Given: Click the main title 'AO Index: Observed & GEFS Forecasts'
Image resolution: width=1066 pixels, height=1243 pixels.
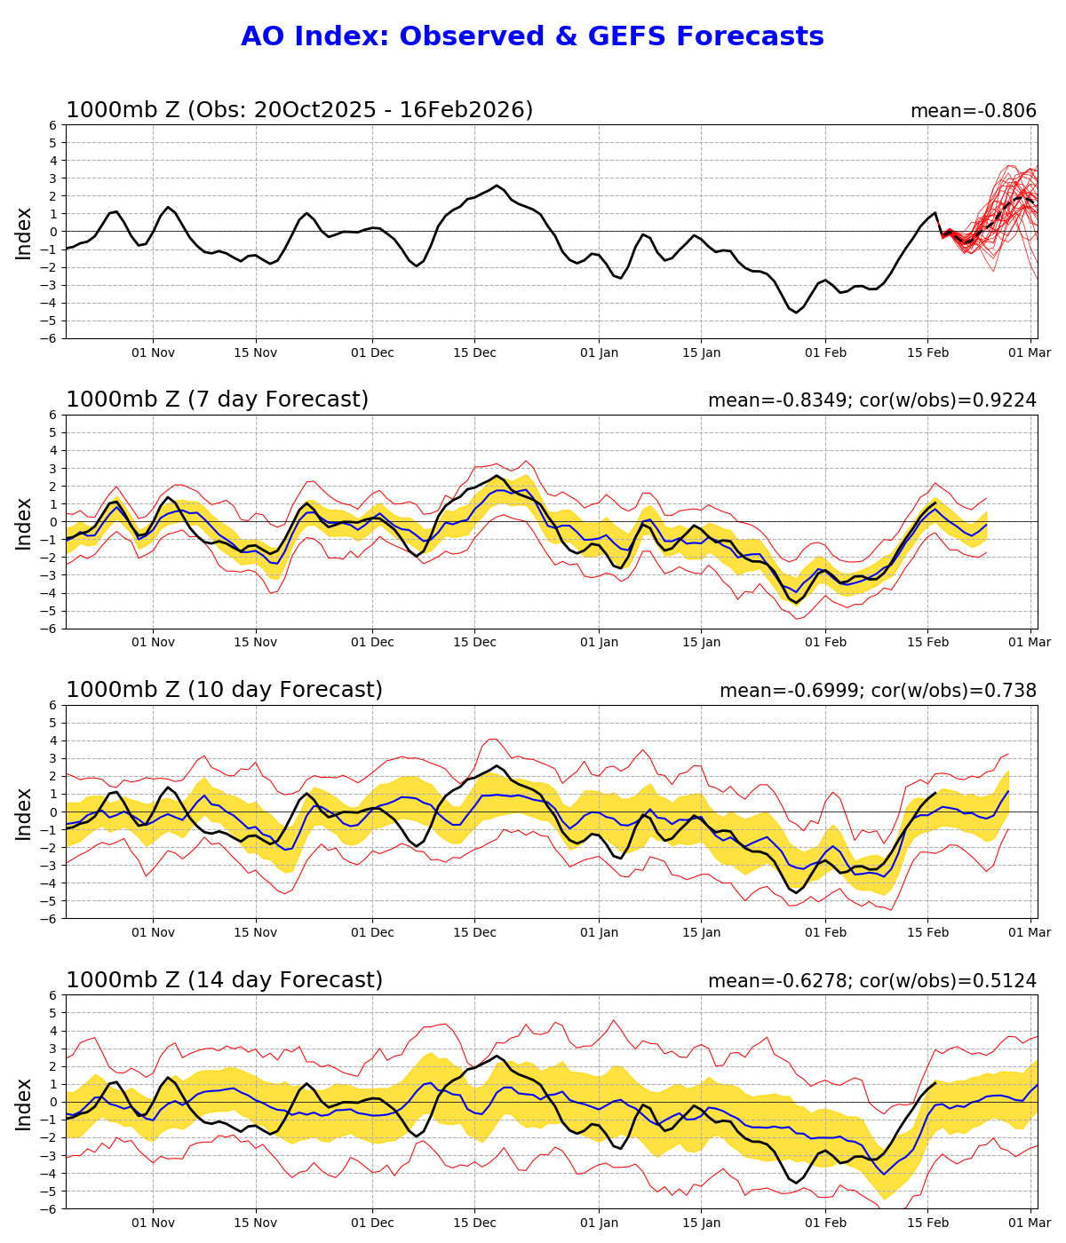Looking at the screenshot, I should (x=532, y=37).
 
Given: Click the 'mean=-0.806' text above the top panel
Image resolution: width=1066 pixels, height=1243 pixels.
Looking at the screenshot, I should (x=973, y=111).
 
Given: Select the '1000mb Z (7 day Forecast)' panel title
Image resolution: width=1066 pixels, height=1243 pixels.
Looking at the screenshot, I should (x=217, y=400).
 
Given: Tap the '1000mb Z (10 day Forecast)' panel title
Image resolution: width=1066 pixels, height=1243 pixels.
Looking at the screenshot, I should (x=224, y=690).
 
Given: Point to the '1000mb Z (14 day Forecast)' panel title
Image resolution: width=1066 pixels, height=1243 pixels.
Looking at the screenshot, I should (x=224, y=980).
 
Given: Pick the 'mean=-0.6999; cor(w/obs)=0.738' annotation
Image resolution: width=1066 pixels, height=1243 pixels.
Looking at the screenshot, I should (x=878, y=691).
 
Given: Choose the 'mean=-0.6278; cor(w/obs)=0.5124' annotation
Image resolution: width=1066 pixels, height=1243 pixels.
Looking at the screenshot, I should (x=871, y=981).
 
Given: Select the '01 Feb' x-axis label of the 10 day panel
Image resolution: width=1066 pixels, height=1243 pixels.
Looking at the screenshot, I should (x=825, y=932).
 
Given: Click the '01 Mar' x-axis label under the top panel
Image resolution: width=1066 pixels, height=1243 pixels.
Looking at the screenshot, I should (x=1031, y=352).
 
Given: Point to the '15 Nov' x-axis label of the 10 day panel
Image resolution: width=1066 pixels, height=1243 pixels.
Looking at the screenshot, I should (x=256, y=932).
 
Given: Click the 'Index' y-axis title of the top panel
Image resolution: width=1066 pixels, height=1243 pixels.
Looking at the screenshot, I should (x=24, y=233).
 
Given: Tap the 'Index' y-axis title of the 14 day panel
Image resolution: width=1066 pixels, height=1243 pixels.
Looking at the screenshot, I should (x=24, y=1103).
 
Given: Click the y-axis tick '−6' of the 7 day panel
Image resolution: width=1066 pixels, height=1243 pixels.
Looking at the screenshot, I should (x=51, y=629).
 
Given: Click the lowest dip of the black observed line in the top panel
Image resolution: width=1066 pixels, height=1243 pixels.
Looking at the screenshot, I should (x=796, y=312).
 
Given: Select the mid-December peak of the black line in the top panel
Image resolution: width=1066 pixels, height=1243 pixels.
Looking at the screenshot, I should (x=497, y=186).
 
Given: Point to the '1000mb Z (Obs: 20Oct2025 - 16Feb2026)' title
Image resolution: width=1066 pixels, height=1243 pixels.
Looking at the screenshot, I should (x=299, y=110).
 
